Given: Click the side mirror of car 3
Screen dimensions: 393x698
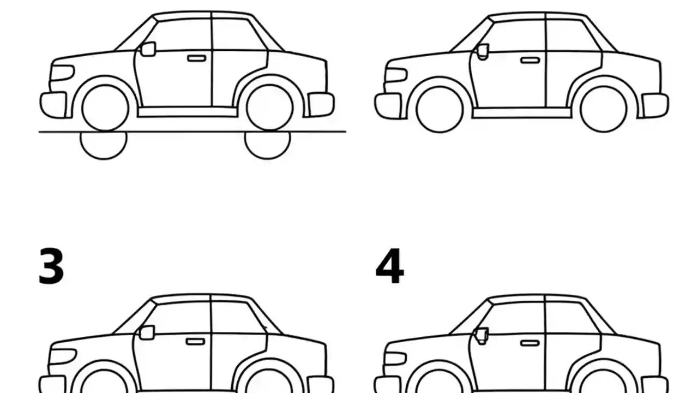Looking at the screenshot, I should point(147,332).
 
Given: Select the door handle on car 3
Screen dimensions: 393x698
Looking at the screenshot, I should point(195,342).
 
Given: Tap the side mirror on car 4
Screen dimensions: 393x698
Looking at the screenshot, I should point(482,335).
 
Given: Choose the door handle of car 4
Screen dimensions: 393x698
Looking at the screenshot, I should point(529,343).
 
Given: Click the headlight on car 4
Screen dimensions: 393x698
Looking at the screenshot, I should point(396,358).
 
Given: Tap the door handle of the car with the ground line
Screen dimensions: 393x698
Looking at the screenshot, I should point(197,58).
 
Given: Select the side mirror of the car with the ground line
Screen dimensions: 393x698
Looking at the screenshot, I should point(148,49).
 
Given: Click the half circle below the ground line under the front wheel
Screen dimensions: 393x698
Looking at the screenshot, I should point(104,145).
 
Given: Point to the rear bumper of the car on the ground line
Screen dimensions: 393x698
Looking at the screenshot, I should point(321,104).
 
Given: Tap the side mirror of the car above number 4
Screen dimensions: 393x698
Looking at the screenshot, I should point(483,52).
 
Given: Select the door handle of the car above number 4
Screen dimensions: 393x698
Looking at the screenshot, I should point(530,60).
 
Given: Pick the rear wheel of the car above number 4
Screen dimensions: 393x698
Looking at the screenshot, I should point(604,109).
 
